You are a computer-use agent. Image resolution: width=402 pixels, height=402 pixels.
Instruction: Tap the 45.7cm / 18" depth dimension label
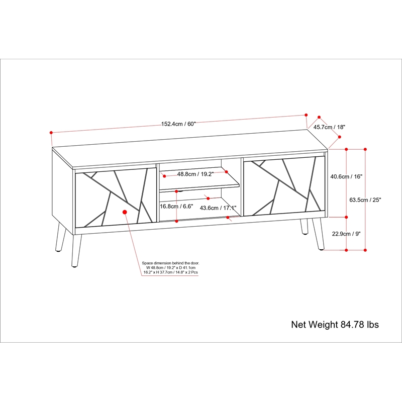pos(330,127)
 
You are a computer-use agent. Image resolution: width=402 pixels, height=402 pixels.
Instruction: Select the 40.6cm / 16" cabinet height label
pos(346,177)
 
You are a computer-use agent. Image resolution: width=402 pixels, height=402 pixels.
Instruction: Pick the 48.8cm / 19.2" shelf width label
pos(195,174)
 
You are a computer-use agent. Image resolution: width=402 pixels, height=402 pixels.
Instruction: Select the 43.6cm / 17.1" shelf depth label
pos(218,208)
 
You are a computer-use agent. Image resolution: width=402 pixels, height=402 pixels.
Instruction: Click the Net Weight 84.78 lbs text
pos(335,325)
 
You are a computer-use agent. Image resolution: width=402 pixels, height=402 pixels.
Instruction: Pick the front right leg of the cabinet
pos(319,234)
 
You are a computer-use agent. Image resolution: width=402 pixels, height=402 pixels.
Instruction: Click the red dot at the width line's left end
pos(51,133)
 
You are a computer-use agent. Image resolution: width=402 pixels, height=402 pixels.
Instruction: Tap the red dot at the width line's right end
pos(306,114)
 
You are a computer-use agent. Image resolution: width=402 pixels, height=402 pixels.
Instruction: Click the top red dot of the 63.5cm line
pos(365,149)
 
